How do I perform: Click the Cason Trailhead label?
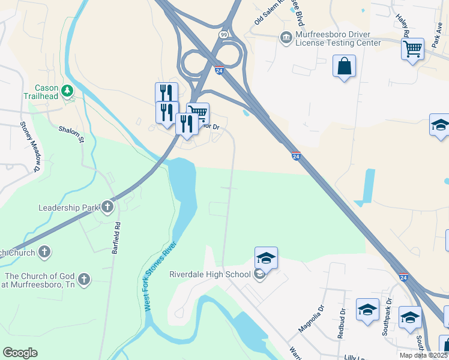click(x=40, y=92)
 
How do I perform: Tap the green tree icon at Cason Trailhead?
click(x=67, y=91)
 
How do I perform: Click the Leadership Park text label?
click(x=68, y=208)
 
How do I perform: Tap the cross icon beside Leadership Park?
click(x=107, y=208)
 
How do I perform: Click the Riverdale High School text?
click(x=209, y=275)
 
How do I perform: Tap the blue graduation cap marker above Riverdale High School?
click(x=266, y=257)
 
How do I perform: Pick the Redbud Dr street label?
click(x=342, y=324)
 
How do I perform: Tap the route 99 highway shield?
click(x=223, y=35)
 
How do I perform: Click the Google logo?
click(x=20, y=353)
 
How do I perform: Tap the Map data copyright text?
click(x=424, y=355)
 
